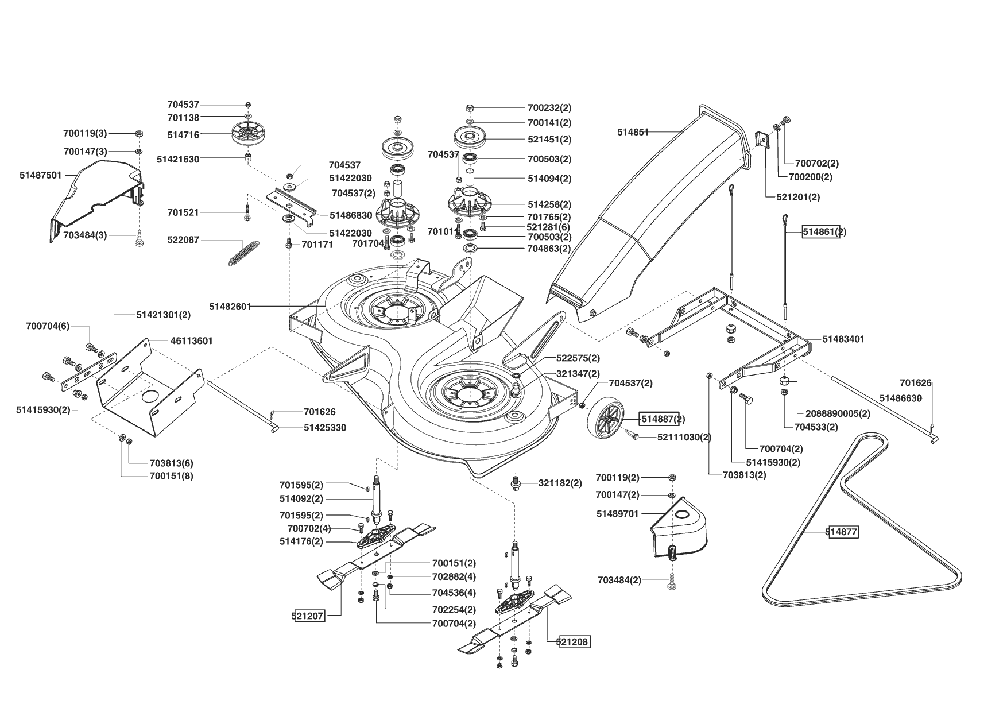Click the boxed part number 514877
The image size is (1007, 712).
pos(842,532)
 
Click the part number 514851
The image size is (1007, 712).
pos(633,132)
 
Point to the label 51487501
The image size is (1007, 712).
pos(40,175)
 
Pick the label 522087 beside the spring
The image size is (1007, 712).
pos(183,239)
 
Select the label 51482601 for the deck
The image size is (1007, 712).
pos(230,307)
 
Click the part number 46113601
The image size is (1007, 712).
pos(192,340)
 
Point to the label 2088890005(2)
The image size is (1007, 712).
pos(838,413)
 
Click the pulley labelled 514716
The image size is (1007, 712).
pos(247,134)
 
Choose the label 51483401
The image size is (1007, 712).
pos(843,339)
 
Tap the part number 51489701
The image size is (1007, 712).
pos(617,514)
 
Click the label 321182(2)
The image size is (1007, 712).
pos(560,483)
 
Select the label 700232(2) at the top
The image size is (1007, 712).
pos(549,107)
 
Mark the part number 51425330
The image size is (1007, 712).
pos(325,428)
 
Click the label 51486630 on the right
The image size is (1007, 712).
pos(901,398)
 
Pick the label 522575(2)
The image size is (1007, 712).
pos(578,358)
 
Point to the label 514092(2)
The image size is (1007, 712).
pos(301,498)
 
